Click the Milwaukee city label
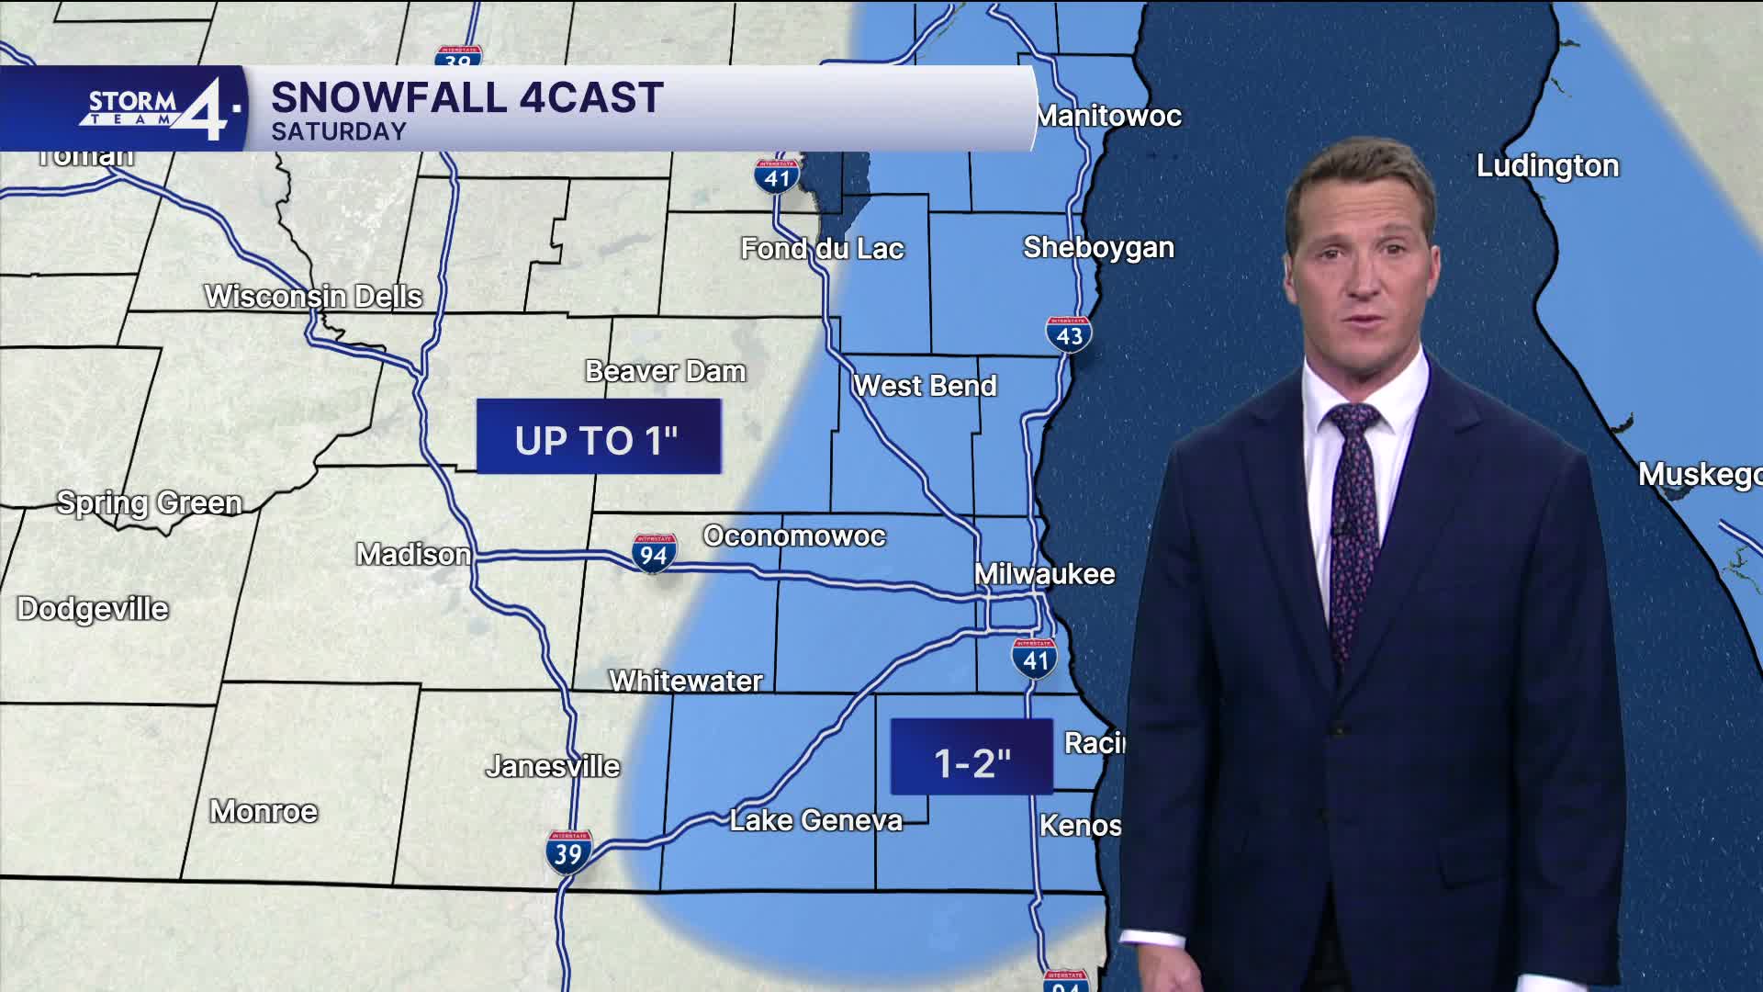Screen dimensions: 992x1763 [1044, 574]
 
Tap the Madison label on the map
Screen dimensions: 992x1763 [413, 554]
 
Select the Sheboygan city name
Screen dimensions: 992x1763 [1098, 247]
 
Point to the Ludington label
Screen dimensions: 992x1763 [1547, 166]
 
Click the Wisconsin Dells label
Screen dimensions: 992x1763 [313, 296]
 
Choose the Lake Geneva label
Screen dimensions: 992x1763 [815, 820]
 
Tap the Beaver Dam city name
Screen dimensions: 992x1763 [666, 371]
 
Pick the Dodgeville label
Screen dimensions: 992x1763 [93, 608]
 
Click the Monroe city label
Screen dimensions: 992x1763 [264, 811]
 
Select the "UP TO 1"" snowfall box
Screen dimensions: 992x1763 [598, 438]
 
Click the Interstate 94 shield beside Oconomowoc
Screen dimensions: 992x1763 [654, 554]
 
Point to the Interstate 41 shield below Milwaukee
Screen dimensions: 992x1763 [1035, 659]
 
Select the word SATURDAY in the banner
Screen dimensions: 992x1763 [339, 131]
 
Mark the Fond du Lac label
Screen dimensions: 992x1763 [823, 248]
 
